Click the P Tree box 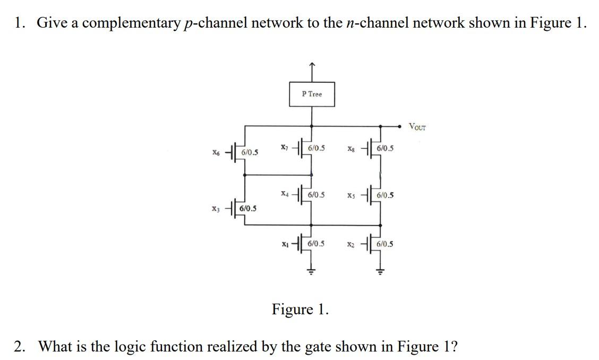[x=312, y=94]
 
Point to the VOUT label [x=417, y=126]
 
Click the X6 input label [x=215, y=152]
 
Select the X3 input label [x=215, y=208]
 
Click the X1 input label [x=285, y=244]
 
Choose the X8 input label [x=350, y=149]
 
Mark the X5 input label [x=350, y=195]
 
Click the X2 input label [x=350, y=244]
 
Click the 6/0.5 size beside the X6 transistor [x=250, y=152]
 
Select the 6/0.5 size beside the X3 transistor [x=249, y=208]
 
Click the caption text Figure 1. [x=300, y=309]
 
